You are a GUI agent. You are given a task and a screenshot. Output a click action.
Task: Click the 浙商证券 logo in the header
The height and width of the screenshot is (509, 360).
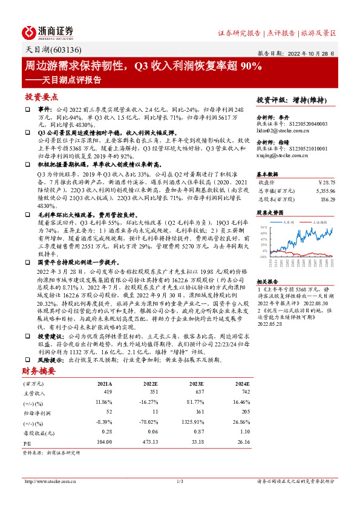tap(48, 31)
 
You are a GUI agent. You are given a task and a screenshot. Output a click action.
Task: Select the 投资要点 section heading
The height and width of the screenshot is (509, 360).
tap(41, 97)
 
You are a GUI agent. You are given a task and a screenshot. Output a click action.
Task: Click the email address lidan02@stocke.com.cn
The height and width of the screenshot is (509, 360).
tap(279, 130)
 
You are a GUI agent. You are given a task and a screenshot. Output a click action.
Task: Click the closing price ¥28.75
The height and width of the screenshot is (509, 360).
tap(326, 182)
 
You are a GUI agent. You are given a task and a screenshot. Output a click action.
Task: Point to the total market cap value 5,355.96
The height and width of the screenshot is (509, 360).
tap(324, 190)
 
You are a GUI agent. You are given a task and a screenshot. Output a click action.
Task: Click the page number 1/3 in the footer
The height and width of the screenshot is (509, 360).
tap(180, 481)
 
